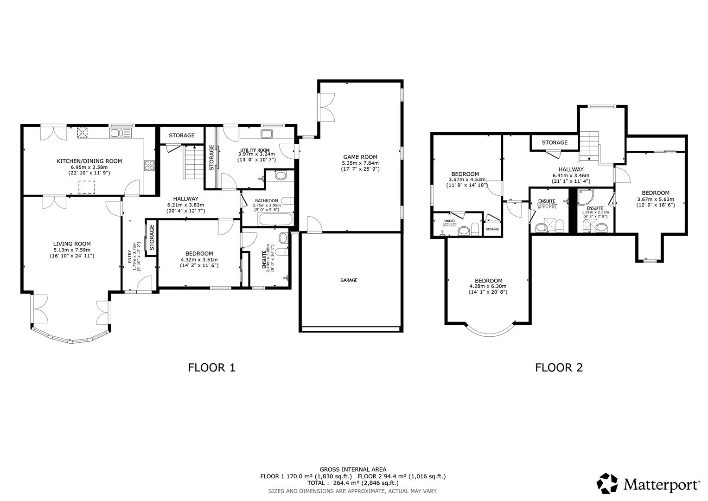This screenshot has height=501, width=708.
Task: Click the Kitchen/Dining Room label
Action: click(89, 161)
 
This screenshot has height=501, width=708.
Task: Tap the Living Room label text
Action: click(72, 244)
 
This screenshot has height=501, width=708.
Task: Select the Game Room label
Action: click(360, 157)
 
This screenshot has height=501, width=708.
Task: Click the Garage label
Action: click(349, 280)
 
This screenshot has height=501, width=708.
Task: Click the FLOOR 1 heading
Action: click(211, 367)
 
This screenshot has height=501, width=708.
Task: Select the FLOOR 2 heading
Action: click(559, 367)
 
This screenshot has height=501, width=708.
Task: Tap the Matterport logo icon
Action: click(607, 484)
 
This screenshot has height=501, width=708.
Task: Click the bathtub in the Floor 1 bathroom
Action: click(275, 219)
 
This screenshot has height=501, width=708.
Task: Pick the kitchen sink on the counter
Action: click(121, 134)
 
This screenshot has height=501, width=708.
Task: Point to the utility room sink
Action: click(267, 134)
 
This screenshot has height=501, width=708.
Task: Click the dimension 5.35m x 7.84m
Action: click(360, 163)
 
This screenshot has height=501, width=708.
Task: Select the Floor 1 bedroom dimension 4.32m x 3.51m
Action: click(199, 260)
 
